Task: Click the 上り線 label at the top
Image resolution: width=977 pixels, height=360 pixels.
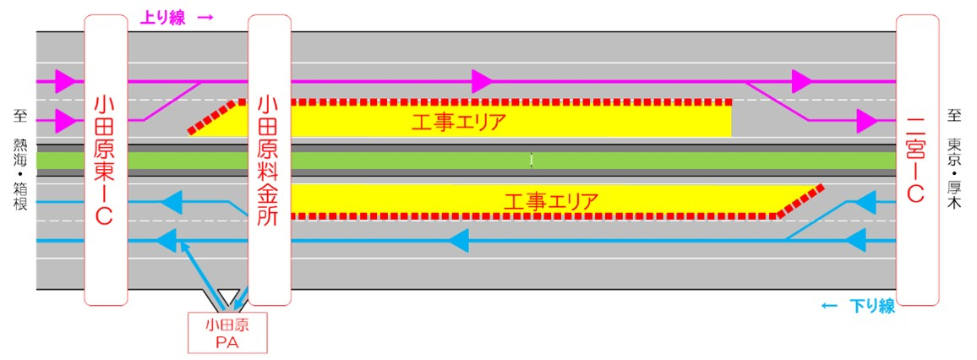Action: [x=162, y=18]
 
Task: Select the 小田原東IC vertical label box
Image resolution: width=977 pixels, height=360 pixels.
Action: [x=106, y=160]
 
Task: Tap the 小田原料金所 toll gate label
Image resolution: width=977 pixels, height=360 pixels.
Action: [x=269, y=160]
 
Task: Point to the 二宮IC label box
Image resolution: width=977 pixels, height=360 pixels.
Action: [x=918, y=160]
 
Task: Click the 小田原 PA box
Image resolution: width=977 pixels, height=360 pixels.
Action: [x=227, y=333]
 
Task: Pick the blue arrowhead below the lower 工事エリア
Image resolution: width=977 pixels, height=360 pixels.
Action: [x=459, y=240]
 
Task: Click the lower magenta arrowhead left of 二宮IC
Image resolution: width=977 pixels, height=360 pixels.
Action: [x=867, y=121]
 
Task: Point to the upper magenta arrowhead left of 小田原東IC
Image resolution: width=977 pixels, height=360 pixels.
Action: [x=65, y=81]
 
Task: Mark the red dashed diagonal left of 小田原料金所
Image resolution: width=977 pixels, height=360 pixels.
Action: [x=212, y=117]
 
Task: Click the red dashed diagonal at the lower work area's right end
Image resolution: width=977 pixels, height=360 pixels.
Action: [x=800, y=201]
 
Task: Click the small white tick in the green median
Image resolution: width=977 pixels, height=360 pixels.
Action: [x=532, y=160]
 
